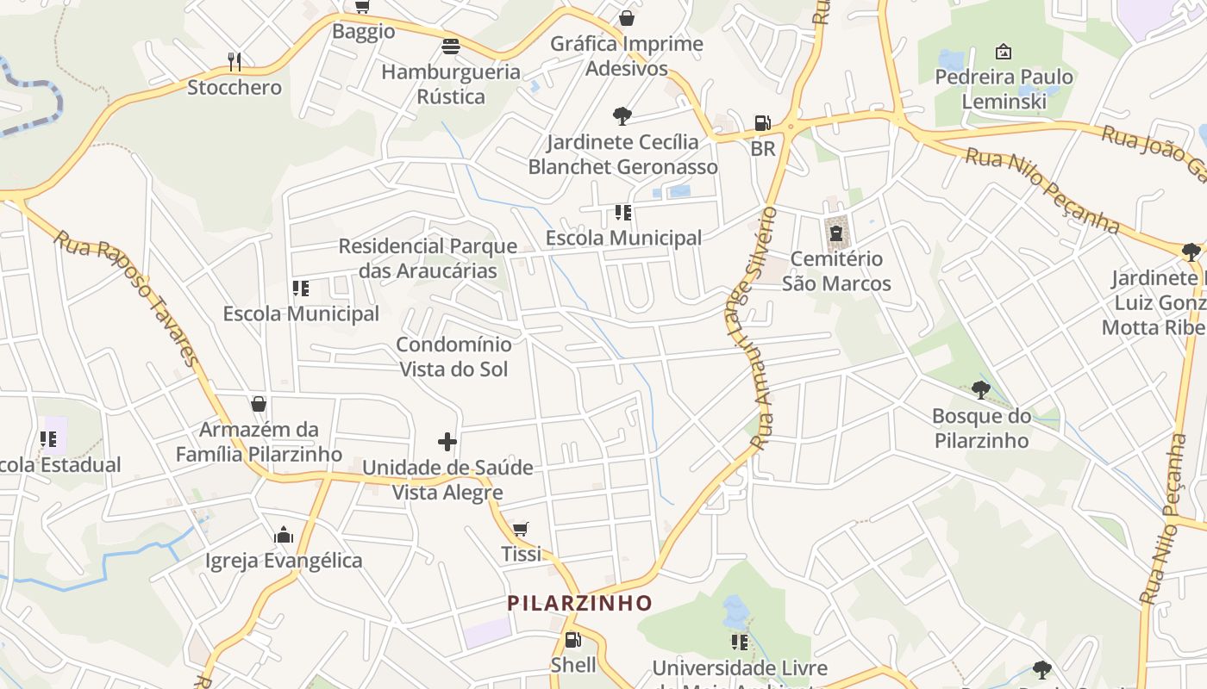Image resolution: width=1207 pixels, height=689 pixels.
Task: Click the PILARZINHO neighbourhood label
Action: point(579,603)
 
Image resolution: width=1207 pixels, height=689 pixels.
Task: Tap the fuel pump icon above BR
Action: point(762,123)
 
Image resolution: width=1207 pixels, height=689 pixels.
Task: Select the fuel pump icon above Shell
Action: point(572,640)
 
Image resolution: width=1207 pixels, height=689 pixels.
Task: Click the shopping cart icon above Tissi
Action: point(520,529)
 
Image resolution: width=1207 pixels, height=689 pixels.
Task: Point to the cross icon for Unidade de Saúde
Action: point(447,442)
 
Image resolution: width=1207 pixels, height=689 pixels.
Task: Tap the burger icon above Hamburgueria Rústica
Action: point(451,47)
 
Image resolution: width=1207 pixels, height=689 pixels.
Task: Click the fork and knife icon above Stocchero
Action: point(234,61)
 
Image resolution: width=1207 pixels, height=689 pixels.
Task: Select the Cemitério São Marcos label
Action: point(836,270)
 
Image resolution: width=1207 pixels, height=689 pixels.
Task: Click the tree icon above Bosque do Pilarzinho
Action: point(981,390)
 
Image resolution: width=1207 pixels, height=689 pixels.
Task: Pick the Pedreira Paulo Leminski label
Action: point(1004,89)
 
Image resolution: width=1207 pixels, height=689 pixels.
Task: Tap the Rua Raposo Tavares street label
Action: point(126,298)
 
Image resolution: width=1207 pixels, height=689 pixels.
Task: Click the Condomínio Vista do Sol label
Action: point(453,357)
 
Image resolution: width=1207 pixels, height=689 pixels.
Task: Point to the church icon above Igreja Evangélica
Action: point(284,536)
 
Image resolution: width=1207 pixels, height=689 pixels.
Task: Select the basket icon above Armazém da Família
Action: point(259,403)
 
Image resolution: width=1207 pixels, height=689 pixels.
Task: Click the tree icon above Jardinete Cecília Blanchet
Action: point(622,116)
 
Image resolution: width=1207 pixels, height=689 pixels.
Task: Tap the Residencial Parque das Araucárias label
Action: point(428,258)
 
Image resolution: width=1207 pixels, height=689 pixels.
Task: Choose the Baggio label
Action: point(364,32)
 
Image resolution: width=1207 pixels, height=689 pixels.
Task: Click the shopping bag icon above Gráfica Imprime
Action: point(627,18)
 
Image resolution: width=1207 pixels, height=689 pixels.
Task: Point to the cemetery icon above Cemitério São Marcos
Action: point(835,233)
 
